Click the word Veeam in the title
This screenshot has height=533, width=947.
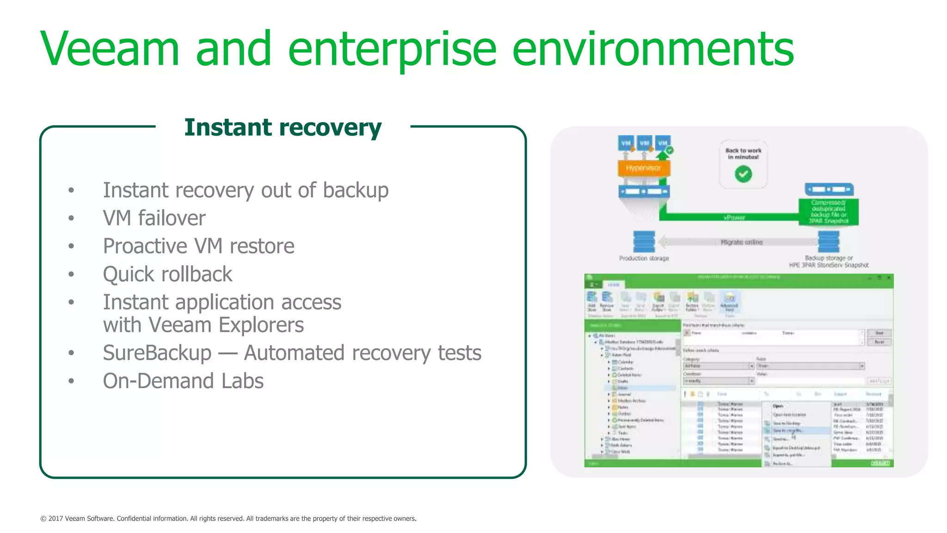point(110,49)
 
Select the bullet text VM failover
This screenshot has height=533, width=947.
point(154,218)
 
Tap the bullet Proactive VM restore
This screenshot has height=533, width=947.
point(198,246)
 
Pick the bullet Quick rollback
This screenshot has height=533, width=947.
point(167,274)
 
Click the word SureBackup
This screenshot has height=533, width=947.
point(157,353)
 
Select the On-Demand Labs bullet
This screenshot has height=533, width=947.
point(183,381)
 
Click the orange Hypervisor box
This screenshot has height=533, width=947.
point(643,168)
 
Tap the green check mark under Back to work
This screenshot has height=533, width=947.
point(743,174)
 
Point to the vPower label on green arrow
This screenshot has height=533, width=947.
point(734,217)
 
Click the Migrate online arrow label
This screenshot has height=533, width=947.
point(741,242)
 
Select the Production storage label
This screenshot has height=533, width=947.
point(644,258)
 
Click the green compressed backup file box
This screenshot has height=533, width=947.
point(828,212)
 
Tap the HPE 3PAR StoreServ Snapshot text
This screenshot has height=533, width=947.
point(828,265)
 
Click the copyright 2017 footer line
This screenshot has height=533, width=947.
point(228,519)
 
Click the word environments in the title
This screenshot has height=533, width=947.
point(652,49)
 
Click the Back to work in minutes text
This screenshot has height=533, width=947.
point(743,154)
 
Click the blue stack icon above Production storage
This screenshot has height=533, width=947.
point(644,241)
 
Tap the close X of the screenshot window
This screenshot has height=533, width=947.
point(888,278)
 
